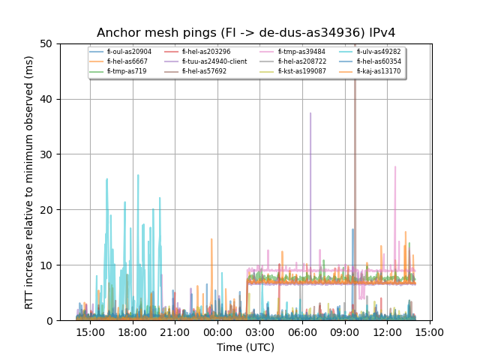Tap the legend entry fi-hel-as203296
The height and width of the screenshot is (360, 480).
[205, 52]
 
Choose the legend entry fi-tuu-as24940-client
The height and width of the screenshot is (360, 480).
[214, 61]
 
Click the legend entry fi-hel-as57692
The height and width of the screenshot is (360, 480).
[204, 71]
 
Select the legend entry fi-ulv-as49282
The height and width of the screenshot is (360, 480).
[379, 52]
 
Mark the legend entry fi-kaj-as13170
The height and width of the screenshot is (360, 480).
[379, 71]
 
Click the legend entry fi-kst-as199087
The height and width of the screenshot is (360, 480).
[302, 71]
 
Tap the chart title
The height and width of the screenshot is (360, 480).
[246, 33]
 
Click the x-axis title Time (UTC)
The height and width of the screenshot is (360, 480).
[246, 347]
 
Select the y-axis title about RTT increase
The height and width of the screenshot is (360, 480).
[29, 182]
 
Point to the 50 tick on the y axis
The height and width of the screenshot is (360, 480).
[49, 43]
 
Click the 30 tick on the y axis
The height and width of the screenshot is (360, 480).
[49, 154]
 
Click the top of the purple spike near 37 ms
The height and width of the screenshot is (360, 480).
[310, 113]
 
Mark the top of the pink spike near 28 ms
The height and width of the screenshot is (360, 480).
[395, 166]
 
